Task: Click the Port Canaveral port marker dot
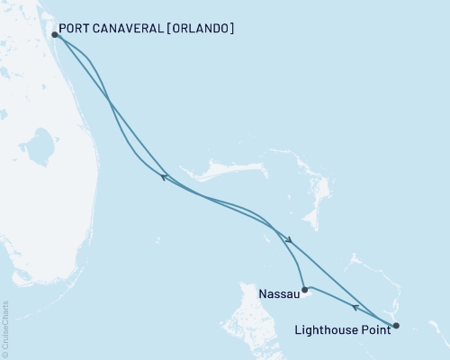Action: (56, 35)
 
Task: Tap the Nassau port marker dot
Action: (305, 290)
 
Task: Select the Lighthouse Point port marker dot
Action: (397, 325)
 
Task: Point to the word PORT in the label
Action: (76, 29)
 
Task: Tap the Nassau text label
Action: (279, 293)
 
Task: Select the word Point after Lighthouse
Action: (376, 330)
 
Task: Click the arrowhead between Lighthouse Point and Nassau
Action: (355, 308)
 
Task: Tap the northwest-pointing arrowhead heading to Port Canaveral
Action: (164, 177)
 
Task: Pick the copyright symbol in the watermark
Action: (6, 354)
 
